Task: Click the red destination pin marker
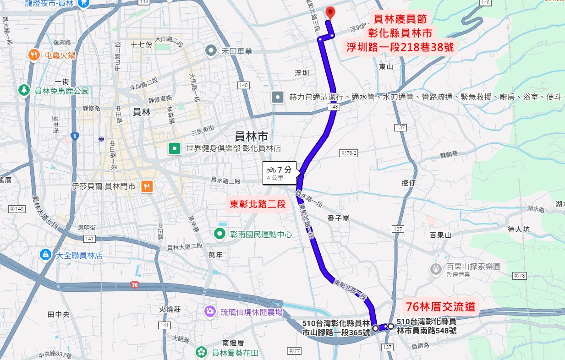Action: coord(330,13)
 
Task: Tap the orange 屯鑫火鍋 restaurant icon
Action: coord(34,55)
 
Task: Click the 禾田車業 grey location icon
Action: coord(211,51)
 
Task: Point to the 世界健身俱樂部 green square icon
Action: coord(175,148)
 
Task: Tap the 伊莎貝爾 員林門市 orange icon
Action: coord(147,186)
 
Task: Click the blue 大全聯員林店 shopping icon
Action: coord(45,255)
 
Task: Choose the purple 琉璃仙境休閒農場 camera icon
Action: coord(210,312)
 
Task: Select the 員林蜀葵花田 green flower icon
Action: coord(201,353)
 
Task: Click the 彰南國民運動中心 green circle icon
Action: coord(220,234)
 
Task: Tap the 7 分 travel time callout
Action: coord(280,173)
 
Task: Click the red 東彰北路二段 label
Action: coord(258,204)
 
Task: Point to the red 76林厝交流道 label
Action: coord(440,306)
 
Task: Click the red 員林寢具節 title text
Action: coord(400,20)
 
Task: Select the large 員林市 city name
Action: coord(251,136)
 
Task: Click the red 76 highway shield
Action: coord(134,285)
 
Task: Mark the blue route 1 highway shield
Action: coord(75,136)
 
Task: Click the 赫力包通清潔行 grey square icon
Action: coord(278,97)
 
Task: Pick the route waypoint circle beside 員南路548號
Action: coord(390,326)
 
